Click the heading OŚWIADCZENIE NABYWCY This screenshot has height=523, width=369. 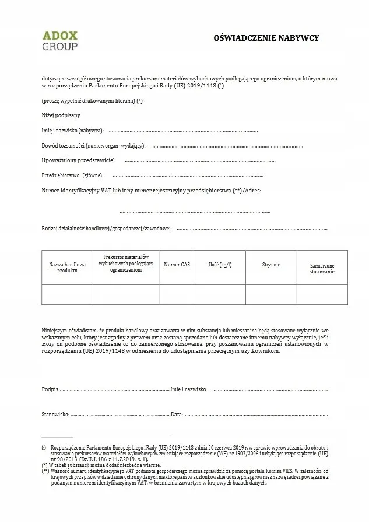point(267,38)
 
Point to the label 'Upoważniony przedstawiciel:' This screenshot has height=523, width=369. point(79,160)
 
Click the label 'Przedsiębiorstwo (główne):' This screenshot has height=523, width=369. point(72,175)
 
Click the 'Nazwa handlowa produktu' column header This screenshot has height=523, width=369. point(67,267)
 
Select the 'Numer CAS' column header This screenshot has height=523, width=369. point(177,265)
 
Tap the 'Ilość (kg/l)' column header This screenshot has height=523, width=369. point(220,265)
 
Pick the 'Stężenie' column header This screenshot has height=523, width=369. point(271,265)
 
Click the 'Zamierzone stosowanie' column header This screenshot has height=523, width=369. point(322,268)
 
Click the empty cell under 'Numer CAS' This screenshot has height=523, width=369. point(177,294)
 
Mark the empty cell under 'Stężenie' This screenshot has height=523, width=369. point(271,294)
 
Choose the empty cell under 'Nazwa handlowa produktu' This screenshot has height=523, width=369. point(67,294)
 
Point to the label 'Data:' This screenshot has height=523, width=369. point(177,415)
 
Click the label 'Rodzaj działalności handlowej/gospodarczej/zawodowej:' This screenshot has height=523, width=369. point(107,229)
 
